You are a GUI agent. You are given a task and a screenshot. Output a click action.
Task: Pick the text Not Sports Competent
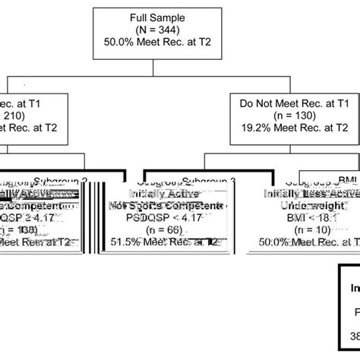tap(165, 206)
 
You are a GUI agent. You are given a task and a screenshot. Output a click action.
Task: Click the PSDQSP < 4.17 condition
tap(165, 218)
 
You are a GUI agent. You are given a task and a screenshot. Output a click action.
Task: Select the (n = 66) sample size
tap(165, 230)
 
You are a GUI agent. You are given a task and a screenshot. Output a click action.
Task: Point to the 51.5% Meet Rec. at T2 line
tap(165, 242)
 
